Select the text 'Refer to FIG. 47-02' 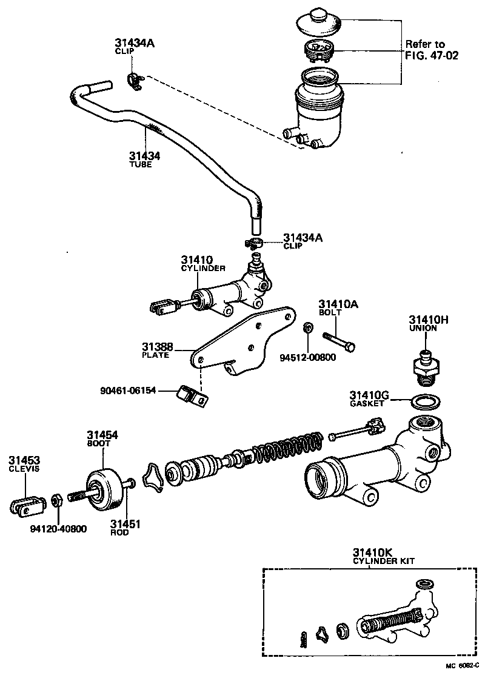tap(432, 50)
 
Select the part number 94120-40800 tap(58, 529)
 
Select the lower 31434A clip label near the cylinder tap(303, 239)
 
